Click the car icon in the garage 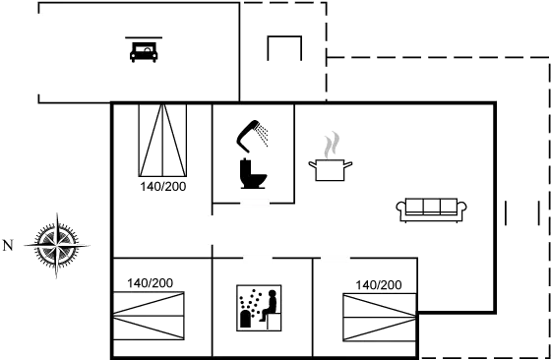[145, 50]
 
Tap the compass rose [57, 242]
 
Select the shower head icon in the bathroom [259, 130]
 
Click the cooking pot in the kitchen [331, 170]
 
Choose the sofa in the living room [431, 208]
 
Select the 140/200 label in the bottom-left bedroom [150, 283]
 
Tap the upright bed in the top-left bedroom [160, 139]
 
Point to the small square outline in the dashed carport [283, 47]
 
